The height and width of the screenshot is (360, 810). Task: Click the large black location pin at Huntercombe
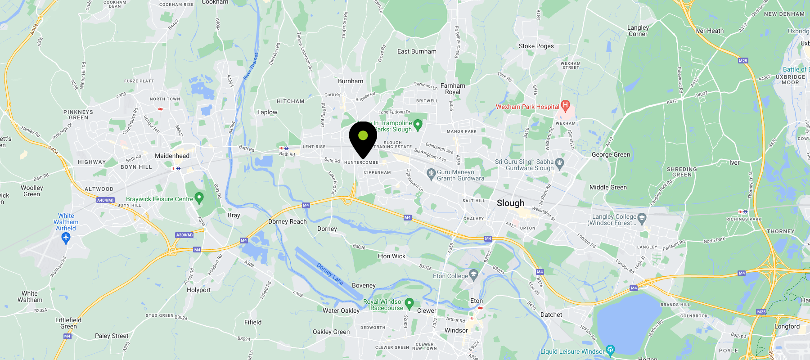tap(363, 138)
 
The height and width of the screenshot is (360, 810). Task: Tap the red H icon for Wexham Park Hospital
tap(565, 106)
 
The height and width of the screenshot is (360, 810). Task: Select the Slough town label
tap(510, 203)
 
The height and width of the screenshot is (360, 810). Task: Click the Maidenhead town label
tap(172, 156)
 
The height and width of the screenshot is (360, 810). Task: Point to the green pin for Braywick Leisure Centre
tap(199, 198)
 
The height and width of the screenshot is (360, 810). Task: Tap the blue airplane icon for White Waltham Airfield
tap(66, 238)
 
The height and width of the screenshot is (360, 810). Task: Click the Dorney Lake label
tap(330, 274)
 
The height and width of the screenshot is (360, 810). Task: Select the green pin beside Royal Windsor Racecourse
tap(409, 304)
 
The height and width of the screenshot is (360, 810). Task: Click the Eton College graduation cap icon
tap(473, 275)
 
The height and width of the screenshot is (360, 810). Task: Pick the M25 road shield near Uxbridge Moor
tap(743, 60)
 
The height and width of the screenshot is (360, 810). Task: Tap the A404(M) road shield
tap(105, 200)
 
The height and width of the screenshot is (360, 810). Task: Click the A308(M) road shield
tap(184, 235)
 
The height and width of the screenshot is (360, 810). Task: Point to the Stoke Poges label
tap(536, 46)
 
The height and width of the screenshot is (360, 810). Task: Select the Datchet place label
tap(551, 315)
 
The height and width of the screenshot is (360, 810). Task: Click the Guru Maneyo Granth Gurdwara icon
tap(431, 173)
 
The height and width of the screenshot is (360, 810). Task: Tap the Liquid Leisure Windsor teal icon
tap(610, 350)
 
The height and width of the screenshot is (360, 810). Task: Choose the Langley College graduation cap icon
tap(642, 218)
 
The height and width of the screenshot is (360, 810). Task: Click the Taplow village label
tap(267, 112)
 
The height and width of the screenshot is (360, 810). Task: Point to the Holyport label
tap(198, 290)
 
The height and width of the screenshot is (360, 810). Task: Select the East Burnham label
tap(417, 51)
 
